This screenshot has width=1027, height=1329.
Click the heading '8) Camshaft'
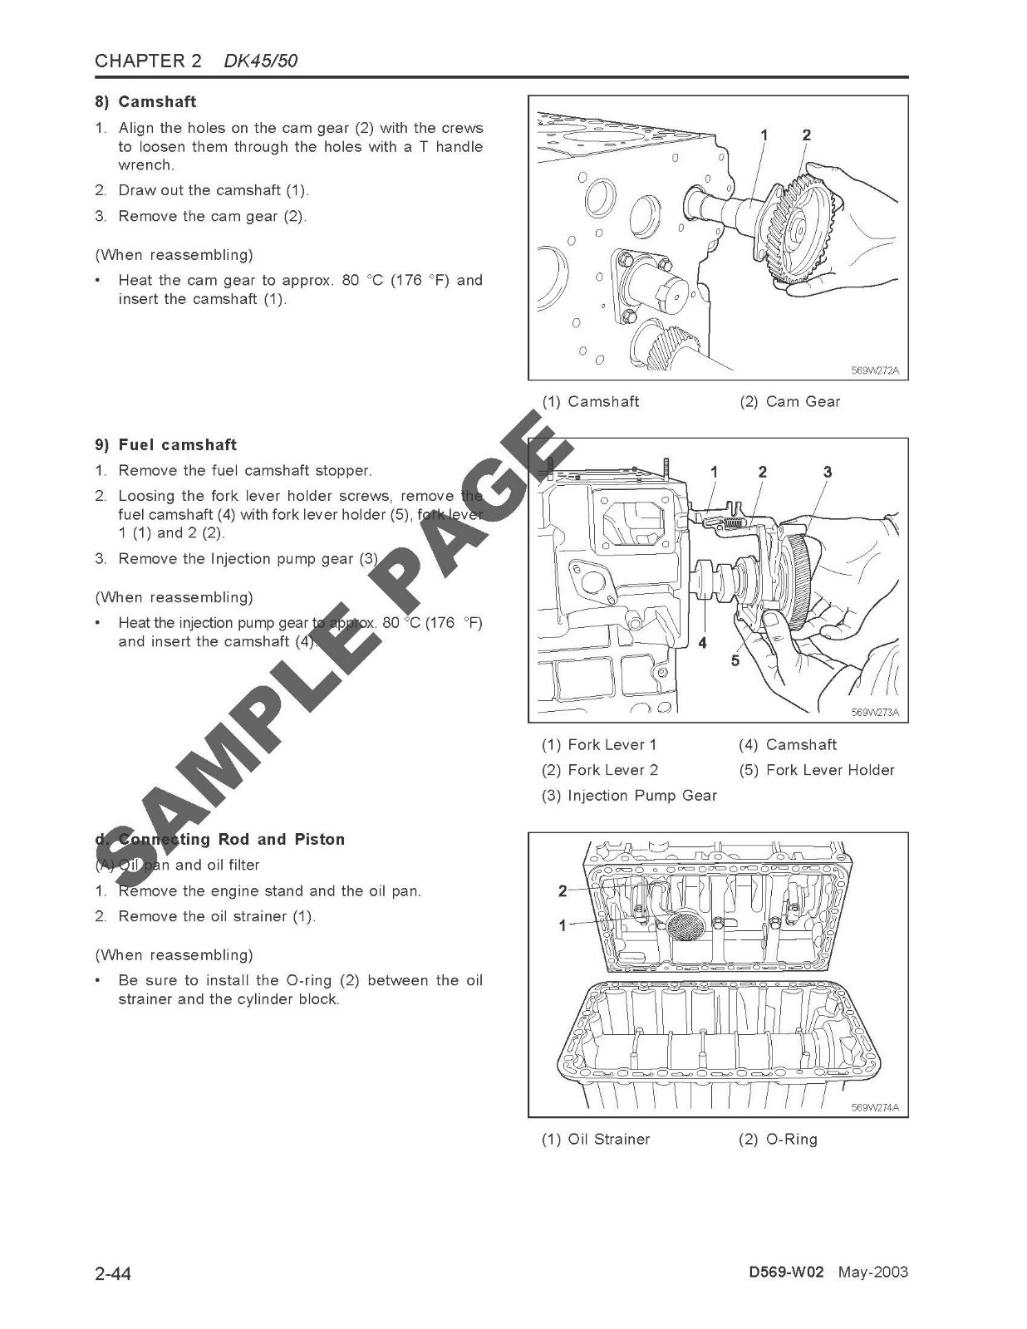[x=145, y=101]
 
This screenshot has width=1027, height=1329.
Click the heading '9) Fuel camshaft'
[x=165, y=444]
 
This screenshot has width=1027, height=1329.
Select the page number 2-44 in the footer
[x=114, y=1273]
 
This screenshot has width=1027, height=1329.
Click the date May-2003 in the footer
[x=872, y=1273]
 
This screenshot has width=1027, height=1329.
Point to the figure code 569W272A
[x=875, y=370]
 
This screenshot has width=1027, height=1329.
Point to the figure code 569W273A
[x=875, y=712]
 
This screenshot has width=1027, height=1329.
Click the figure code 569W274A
[x=875, y=1107]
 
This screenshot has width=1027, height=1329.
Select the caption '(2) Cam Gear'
[x=789, y=401]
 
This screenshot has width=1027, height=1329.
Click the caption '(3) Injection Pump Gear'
[x=629, y=795]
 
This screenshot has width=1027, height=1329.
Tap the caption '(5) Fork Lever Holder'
[x=817, y=770]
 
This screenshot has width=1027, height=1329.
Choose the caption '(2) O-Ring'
[x=778, y=1139]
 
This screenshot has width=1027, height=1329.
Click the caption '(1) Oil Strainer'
[x=596, y=1139]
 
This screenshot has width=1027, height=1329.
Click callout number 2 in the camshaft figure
[x=806, y=135]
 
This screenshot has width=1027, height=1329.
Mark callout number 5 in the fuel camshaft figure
[x=735, y=660]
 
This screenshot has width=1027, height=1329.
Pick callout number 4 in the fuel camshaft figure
[x=702, y=643]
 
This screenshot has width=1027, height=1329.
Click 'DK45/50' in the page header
[x=261, y=61]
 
